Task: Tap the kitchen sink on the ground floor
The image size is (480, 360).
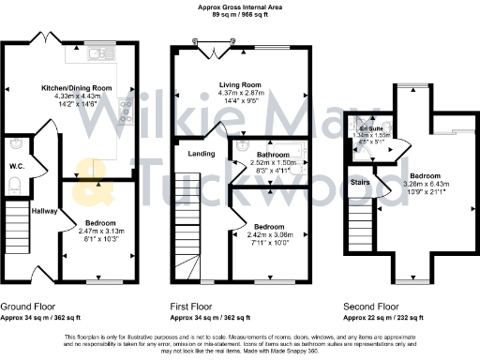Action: (x=97, y=55)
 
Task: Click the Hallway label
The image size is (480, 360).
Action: (x=44, y=212)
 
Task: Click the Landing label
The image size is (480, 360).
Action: (x=202, y=153)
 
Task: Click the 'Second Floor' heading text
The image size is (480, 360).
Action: (x=373, y=306)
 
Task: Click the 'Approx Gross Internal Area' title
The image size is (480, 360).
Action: (x=239, y=7)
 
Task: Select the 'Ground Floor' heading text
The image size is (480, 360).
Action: (x=28, y=306)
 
